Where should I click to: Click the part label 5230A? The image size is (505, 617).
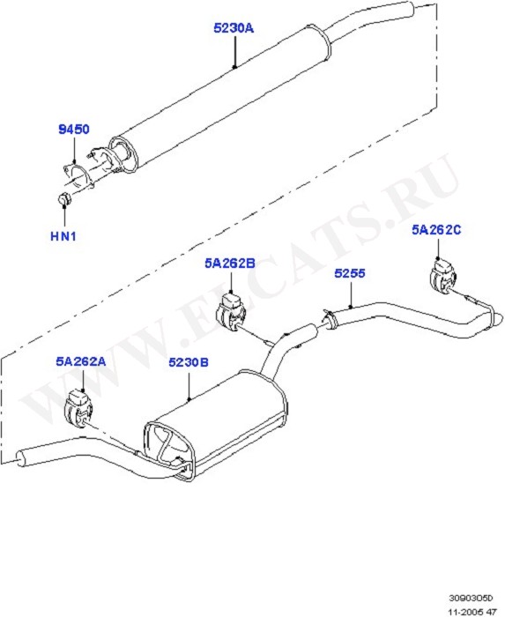234,28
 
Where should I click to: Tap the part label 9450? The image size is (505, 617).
74,129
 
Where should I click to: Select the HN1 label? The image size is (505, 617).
63,236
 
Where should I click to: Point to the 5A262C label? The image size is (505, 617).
436,229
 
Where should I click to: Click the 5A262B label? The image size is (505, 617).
230,263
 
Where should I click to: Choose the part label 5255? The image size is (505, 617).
350,273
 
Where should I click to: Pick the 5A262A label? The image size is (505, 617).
80,361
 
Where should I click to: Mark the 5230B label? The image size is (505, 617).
189,362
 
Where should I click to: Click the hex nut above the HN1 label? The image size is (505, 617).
64,198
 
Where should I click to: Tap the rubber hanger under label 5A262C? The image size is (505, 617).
442,275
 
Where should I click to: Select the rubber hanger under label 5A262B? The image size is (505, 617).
231,312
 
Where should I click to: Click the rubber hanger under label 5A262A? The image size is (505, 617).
78,408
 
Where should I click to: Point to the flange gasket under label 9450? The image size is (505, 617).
78,177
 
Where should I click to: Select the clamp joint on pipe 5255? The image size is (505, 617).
329,319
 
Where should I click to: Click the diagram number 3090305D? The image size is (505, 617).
471,598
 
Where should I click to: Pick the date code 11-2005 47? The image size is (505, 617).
472,612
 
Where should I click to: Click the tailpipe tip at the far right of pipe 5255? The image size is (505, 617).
498,319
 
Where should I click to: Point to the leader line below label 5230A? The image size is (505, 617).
234,52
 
